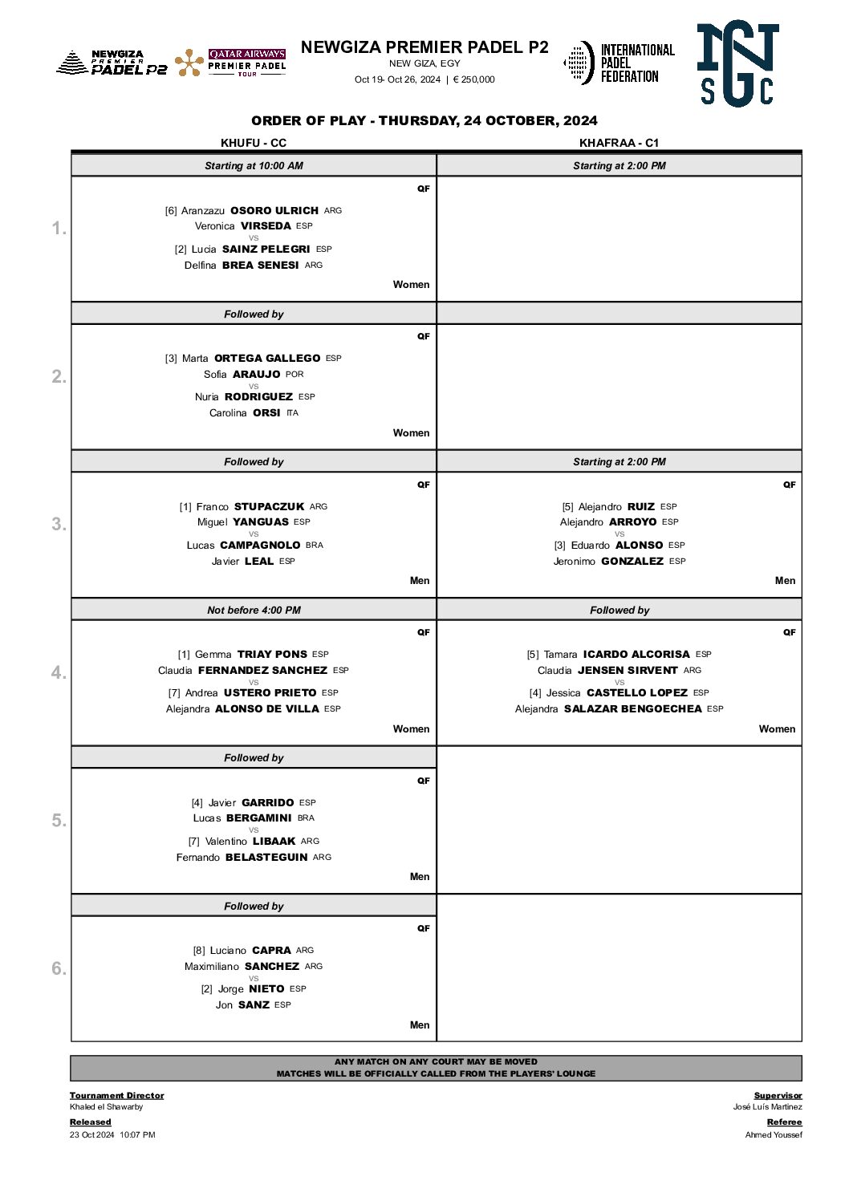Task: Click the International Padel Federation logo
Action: pyautogui.click(x=619, y=63)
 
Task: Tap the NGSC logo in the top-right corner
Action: pyautogui.click(x=737, y=64)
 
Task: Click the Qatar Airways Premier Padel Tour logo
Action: pyautogui.click(x=231, y=63)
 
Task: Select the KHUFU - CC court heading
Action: pyautogui.click(x=254, y=143)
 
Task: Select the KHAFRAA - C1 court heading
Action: pyautogui.click(x=619, y=143)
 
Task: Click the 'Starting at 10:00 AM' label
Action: pyautogui.click(x=254, y=166)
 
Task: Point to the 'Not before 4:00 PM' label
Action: pyautogui.click(x=254, y=611)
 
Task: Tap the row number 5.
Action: pyautogui.click(x=59, y=821)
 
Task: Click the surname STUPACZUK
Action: pyautogui.click(x=269, y=507)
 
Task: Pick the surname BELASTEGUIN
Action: pyautogui.click(x=266, y=858)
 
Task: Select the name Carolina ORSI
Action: pyautogui.click(x=245, y=413)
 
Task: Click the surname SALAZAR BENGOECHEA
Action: pyautogui.click(x=632, y=709)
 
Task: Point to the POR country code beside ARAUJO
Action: pyautogui.click(x=295, y=375)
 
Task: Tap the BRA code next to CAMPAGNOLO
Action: pyautogui.click(x=315, y=546)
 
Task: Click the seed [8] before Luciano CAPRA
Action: pyautogui.click(x=199, y=951)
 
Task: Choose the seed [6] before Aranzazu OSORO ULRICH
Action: pyautogui.click(x=171, y=211)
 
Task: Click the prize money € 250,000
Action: pyautogui.click(x=473, y=79)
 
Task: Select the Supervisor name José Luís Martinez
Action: pyautogui.click(x=767, y=1107)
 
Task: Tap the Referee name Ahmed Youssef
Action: pyautogui.click(x=773, y=1135)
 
